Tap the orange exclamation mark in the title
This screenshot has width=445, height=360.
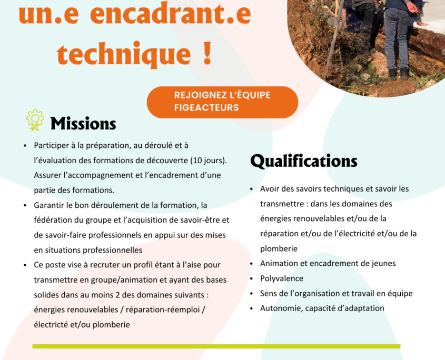[x=207, y=53]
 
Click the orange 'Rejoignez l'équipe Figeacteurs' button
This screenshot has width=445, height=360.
[x=222, y=102]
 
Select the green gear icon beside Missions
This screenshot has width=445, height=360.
[x=35, y=121]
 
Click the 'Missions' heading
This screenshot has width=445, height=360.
[x=83, y=123]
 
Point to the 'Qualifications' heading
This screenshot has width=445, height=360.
[x=304, y=161]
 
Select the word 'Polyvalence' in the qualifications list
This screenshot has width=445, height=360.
[x=282, y=278]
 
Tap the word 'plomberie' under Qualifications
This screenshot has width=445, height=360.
[x=279, y=248]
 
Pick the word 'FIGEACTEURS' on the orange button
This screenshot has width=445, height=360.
[x=206, y=108]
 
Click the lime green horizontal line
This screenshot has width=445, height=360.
[x=216, y=346]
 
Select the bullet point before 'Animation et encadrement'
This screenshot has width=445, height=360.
[x=251, y=264]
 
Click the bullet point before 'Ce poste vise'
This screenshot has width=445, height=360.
[x=25, y=265]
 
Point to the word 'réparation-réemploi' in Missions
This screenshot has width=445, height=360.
[x=163, y=309]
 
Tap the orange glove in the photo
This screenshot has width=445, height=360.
[x=412, y=6]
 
